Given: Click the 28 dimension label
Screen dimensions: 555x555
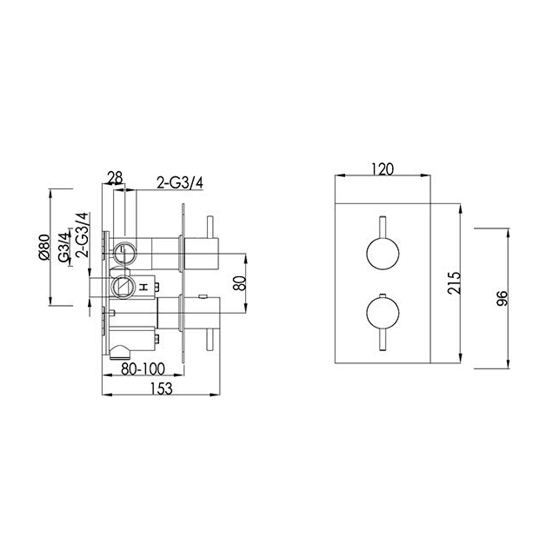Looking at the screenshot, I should coord(115,178).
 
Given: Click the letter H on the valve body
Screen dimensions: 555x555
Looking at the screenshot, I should coord(143,287).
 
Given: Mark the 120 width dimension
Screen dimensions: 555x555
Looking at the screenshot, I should coord(382,169).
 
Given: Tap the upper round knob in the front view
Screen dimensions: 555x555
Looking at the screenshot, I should coord(382,254).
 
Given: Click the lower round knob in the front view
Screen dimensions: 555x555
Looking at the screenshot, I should coord(382,313).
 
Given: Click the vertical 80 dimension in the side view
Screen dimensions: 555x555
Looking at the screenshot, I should coord(239,284).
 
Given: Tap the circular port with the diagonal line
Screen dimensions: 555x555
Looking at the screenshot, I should coord(122,286).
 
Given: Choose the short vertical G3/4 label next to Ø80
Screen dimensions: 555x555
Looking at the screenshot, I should coord(64,248).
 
